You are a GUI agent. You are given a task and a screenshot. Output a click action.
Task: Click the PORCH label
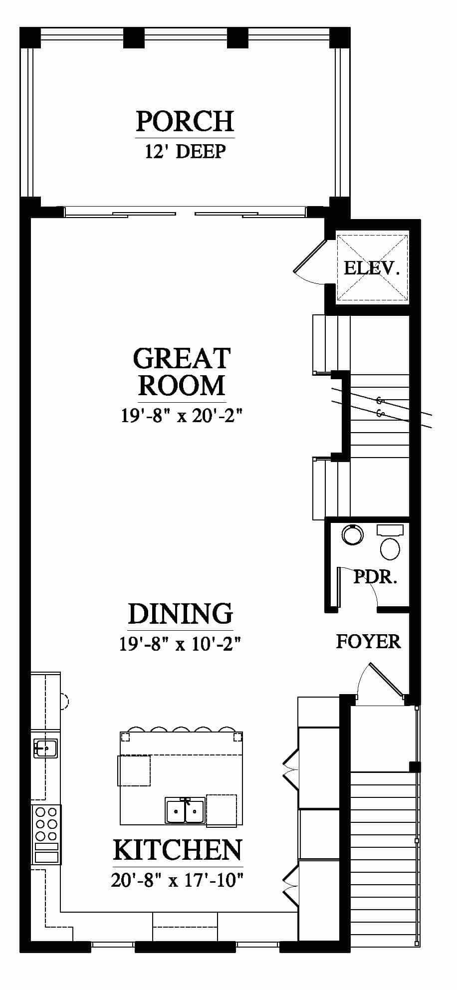[185, 121]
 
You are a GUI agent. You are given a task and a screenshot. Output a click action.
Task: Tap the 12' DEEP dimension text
[185, 151]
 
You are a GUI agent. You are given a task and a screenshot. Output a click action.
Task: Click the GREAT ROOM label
[182, 372]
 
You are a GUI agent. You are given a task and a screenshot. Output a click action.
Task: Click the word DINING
[181, 614]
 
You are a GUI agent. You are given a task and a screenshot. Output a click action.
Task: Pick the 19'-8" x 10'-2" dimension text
[181, 644]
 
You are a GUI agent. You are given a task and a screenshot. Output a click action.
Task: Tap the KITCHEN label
[178, 850]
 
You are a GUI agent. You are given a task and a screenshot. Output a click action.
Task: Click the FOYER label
[368, 641]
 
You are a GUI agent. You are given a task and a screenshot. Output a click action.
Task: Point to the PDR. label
[375, 577]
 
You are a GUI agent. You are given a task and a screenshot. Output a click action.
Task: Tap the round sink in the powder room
[353, 534]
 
